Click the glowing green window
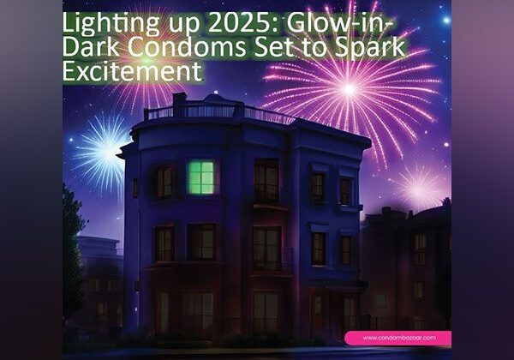tap(200, 177)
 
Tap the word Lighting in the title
tap(106, 20)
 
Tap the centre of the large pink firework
tap(349, 87)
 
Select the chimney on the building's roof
tap(179, 103)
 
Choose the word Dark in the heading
tap(86, 46)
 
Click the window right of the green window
tap(266, 180)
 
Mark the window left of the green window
tap(163, 181)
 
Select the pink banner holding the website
tap(396, 338)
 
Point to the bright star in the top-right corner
tap(445, 19)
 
